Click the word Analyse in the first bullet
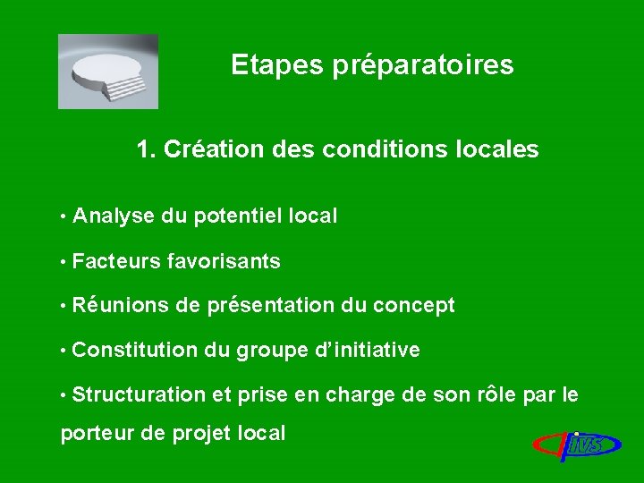tap(114, 216)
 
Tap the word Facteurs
tap(114, 261)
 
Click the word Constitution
tap(135, 350)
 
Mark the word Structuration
tap(140, 394)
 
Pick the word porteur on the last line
tap(90, 435)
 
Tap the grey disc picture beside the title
tap(108, 71)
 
